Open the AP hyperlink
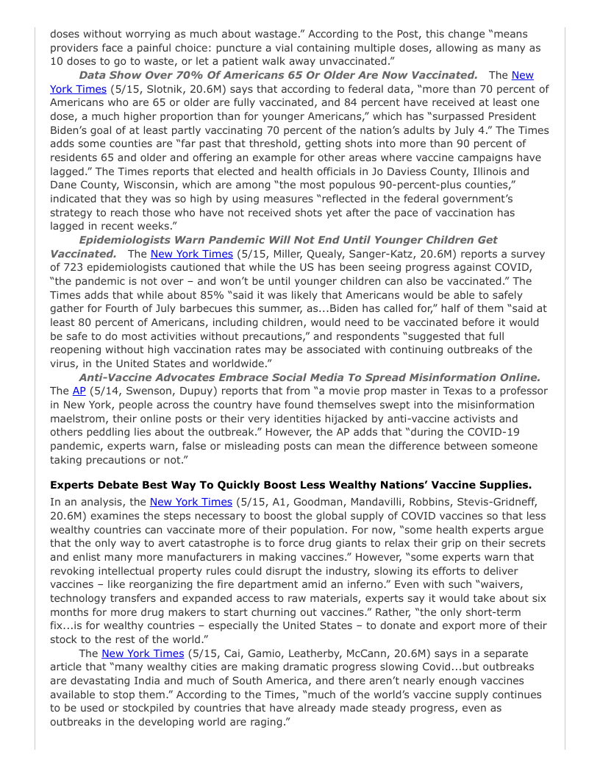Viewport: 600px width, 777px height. coord(79,391)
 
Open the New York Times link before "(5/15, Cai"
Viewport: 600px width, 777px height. coord(142,653)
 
